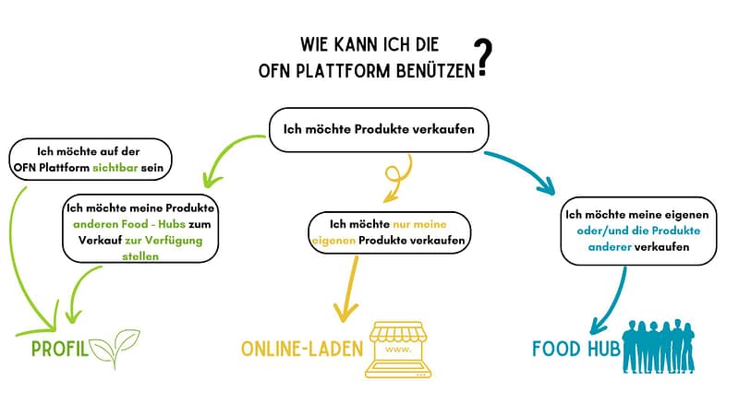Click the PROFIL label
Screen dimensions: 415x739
pyautogui.click(x=57, y=349)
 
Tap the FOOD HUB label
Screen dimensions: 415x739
pyautogui.click(x=575, y=348)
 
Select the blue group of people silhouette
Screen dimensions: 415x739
pyautogui.click(x=666, y=348)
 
